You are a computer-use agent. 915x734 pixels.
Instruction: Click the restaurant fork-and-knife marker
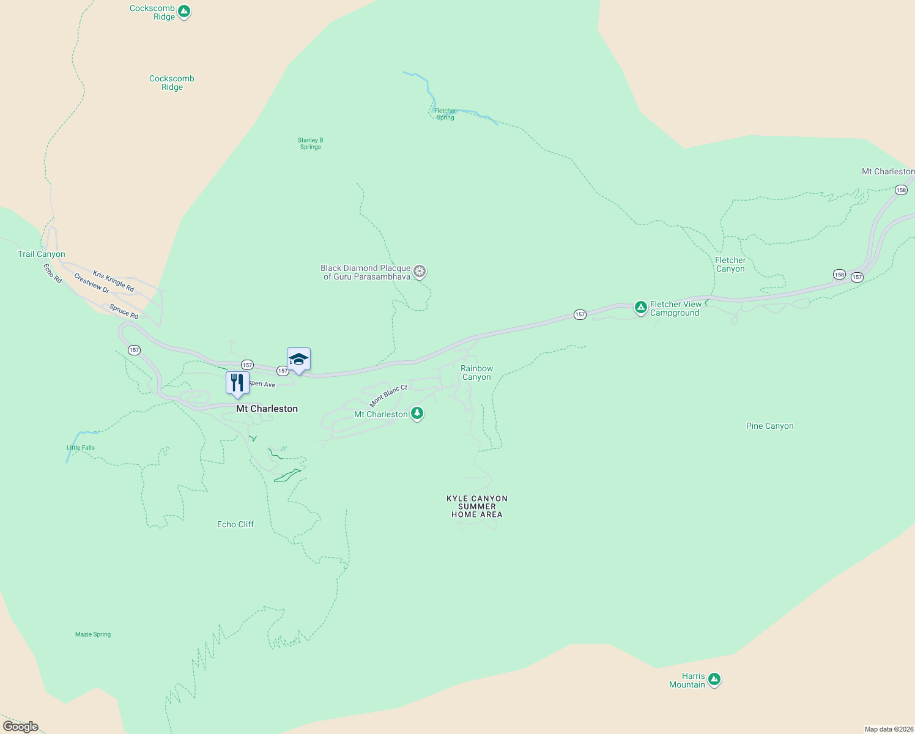237,383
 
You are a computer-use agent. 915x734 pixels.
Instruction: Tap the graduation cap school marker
298,360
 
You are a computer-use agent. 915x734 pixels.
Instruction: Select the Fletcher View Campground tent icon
640,308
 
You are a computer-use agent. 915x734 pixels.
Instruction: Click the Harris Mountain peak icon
714,680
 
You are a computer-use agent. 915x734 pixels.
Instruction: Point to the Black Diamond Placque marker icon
420,272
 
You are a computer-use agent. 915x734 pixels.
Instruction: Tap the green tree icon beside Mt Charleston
417,414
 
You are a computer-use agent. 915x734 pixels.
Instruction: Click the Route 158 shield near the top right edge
901,190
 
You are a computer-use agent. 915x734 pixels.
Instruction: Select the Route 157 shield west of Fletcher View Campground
580,314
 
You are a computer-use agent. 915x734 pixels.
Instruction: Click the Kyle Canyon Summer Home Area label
477,506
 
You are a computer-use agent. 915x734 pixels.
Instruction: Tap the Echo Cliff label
235,524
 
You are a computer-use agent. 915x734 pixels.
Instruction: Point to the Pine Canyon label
769,426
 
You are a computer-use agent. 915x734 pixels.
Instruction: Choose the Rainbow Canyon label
476,373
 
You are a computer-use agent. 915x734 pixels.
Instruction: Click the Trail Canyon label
42,254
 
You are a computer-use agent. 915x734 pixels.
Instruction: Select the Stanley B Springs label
311,143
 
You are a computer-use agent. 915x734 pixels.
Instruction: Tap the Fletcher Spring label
445,114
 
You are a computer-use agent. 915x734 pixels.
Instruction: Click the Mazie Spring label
93,634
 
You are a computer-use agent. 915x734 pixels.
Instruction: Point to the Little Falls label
81,448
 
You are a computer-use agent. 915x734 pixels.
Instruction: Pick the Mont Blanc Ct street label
388,396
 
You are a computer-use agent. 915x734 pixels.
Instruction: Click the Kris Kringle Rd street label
113,280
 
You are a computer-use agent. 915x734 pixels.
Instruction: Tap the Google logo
21,727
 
